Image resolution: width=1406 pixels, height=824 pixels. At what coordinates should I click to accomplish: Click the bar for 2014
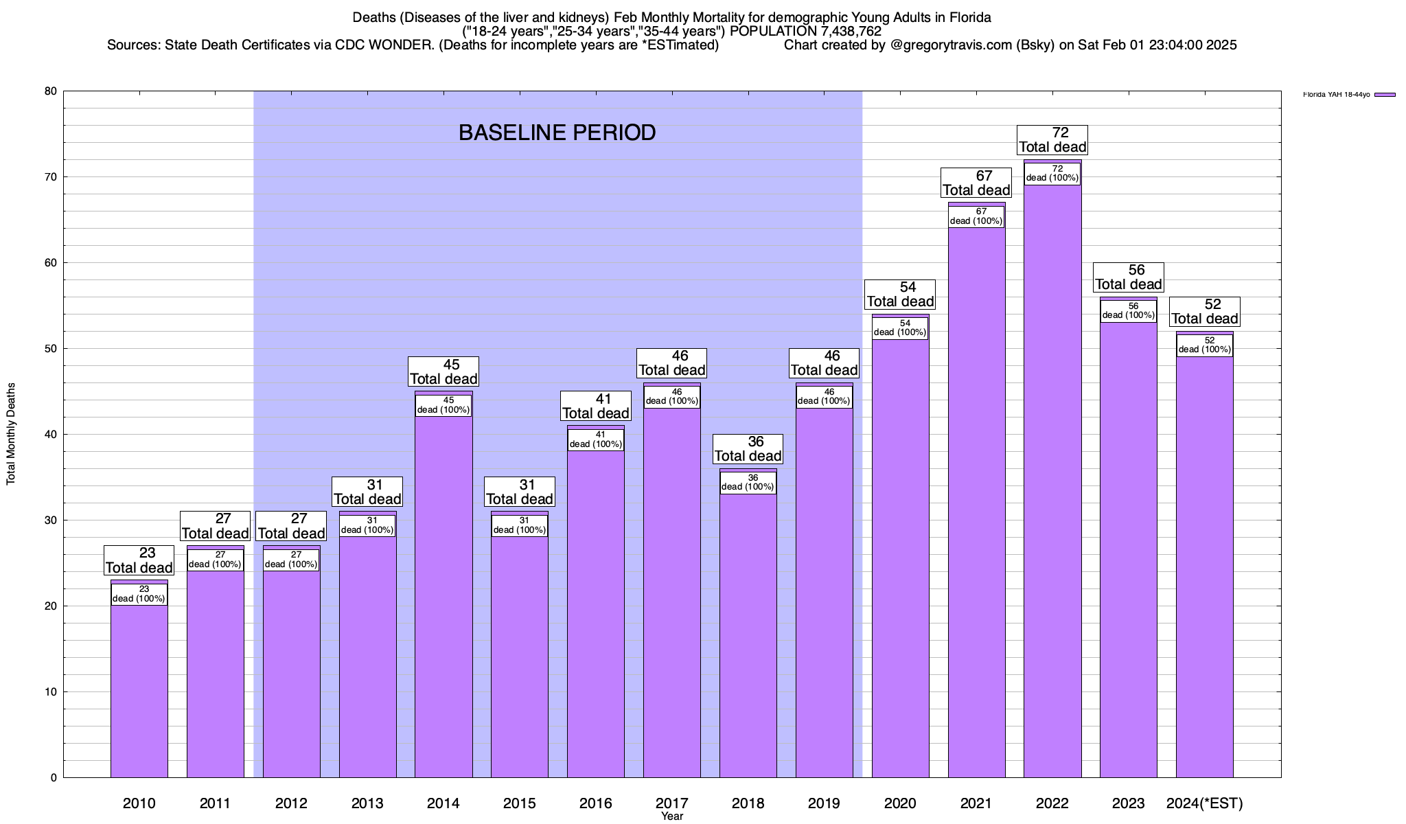(443, 591)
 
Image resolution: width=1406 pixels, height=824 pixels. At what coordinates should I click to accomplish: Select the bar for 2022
(1052, 481)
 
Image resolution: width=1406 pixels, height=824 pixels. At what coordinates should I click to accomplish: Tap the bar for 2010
(139, 687)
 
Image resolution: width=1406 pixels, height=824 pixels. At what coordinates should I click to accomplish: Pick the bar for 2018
(748, 632)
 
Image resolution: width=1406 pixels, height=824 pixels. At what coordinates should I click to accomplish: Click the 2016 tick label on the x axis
(595, 803)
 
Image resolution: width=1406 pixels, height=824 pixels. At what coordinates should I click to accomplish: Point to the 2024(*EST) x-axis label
(1205, 803)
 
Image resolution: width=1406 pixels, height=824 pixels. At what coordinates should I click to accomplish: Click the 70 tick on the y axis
(51, 177)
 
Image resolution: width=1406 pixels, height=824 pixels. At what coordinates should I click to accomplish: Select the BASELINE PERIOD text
(557, 133)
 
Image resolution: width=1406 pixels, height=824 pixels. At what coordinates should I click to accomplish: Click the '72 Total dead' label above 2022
(1052, 140)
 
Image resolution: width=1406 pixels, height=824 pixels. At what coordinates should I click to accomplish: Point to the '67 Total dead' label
(976, 183)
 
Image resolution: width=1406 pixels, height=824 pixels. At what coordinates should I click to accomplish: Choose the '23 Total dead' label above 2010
(139, 560)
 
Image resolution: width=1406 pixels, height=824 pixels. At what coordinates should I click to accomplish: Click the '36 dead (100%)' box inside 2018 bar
(748, 483)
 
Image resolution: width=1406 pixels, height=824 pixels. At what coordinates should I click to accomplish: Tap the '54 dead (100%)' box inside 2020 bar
(900, 328)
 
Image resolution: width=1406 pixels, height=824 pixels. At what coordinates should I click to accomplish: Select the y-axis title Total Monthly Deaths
(11, 433)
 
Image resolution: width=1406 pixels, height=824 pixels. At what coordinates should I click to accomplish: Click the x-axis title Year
(672, 816)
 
